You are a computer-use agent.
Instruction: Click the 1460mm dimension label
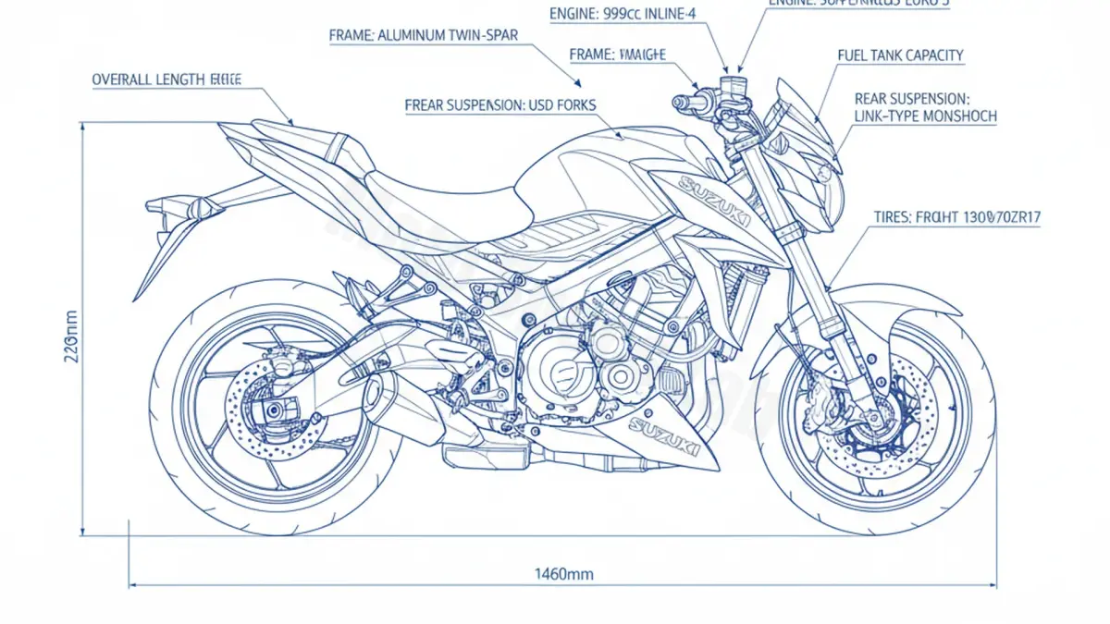[x=564, y=574]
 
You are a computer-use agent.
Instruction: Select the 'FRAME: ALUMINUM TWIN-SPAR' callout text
[x=423, y=35]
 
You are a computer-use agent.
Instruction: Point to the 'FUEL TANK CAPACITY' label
[x=900, y=55]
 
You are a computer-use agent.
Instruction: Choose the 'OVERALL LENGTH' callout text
[x=166, y=80]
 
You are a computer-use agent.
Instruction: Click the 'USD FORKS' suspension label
[x=500, y=105]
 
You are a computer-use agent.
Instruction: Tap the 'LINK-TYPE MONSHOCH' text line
[x=925, y=116]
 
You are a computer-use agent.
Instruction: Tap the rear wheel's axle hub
[x=275, y=410]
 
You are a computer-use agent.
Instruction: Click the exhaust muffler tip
[x=375, y=396]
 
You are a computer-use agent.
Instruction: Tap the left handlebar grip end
[x=683, y=100]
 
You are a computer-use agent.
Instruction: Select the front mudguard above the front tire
[x=888, y=310]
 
